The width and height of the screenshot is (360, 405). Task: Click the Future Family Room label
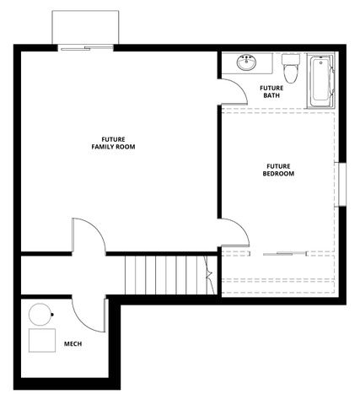[114, 143]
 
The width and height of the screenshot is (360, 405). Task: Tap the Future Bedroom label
[278, 170]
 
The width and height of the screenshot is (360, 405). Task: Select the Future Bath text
[271, 91]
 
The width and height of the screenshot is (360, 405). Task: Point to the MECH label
[73, 343]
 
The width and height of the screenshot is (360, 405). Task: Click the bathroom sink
[249, 63]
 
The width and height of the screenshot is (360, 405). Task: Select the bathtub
[321, 81]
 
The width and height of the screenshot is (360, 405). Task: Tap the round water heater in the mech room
[40, 314]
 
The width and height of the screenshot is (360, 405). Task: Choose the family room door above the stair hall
[87, 235]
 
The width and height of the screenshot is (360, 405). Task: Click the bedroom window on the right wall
[341, 184]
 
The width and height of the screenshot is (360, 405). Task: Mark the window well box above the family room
[84, 29]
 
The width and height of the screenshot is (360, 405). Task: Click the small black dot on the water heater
[52, 315]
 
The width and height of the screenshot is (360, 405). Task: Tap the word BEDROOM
[278, 174]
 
